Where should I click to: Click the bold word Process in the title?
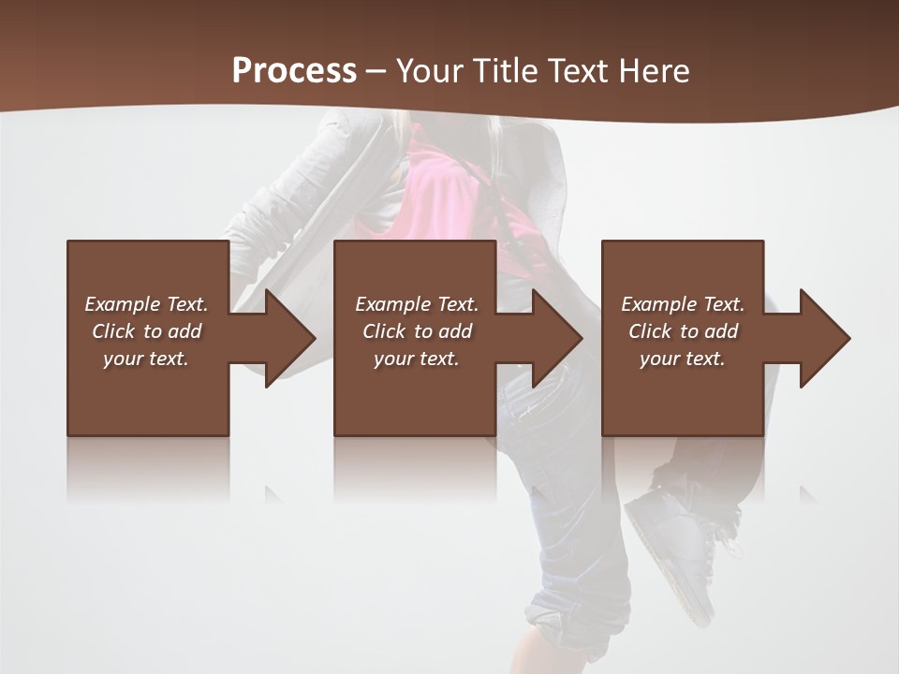[294, 71]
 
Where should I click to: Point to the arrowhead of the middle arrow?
[559, 338]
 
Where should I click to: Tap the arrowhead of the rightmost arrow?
[827, 338]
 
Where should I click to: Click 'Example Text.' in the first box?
[146, 304]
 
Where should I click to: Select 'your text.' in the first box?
[146, 359]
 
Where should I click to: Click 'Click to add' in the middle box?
[417, 331]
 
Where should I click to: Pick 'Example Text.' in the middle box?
[417, 304]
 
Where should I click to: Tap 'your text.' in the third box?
[683, 359]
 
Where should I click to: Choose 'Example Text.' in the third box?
[683, 304]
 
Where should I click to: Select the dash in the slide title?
[376, 71]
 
